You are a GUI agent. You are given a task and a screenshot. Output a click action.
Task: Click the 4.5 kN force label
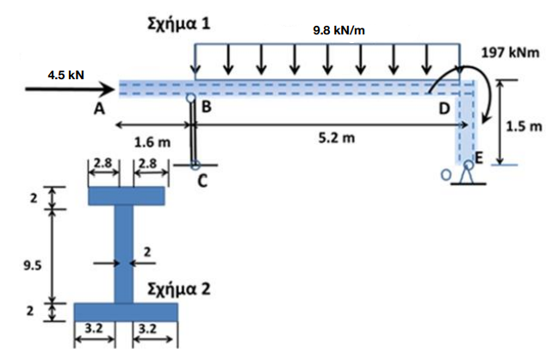66,75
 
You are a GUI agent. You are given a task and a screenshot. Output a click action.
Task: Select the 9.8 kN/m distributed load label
339,31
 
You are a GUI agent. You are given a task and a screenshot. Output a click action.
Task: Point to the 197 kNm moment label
510,53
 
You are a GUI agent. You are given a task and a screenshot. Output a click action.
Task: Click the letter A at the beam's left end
99,109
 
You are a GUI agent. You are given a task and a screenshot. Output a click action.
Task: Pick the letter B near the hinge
207,107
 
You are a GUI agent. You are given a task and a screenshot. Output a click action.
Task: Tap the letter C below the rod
202,182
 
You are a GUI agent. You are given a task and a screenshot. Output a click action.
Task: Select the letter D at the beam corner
444,109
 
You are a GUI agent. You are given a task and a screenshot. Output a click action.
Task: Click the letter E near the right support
478,158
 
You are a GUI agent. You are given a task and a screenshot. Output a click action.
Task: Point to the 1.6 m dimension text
152,143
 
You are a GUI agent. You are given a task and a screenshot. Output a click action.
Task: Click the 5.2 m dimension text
337,138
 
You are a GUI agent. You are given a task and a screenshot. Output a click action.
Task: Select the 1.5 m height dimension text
524,127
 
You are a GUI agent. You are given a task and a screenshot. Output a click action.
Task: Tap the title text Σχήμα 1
179,24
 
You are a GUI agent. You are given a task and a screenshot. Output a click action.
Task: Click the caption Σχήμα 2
179,289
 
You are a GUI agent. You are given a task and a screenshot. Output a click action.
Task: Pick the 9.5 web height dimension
33,265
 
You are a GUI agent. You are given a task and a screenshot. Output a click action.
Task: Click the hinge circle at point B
191,97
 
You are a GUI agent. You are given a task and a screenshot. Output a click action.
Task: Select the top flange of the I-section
127,196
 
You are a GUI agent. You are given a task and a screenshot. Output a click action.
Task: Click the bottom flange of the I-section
126,313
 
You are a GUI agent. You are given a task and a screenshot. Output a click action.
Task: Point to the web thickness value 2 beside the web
147,252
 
